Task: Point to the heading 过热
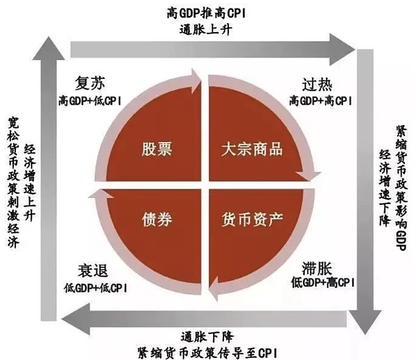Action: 316,83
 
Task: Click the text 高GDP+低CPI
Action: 91,101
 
